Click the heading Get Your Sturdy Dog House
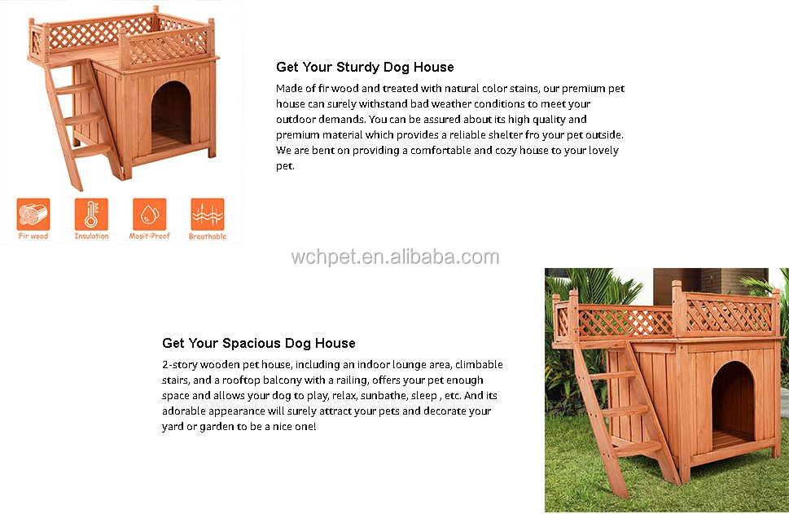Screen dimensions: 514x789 [365, 67]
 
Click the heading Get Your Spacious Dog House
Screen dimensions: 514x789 [258, 343]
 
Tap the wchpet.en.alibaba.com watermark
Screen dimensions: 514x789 [395, 258]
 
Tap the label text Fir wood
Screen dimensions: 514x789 [33, 236]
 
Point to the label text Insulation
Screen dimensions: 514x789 [91, 236]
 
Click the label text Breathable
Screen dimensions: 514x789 [208, 236]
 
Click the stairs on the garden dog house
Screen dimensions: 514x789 [627, 415]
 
